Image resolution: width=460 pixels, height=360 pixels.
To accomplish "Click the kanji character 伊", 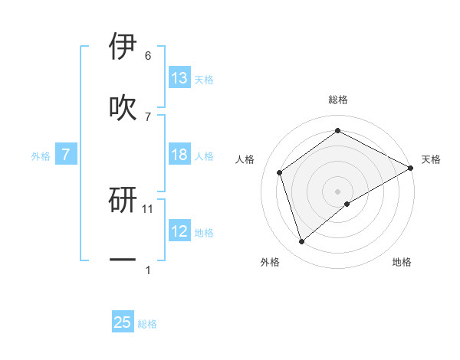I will (x=123, y=47).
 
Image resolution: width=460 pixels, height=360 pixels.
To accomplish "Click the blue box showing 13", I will (x=179, y=78).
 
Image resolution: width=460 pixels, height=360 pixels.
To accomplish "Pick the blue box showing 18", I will (x=179, y=155).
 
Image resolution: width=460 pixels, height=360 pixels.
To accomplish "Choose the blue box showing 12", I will (x=179, y=232).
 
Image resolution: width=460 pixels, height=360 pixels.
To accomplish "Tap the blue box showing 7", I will (x=66, y=155).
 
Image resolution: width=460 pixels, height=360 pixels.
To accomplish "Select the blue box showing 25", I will (x=123, y=322).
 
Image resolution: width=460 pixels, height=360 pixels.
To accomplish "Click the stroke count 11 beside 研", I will (x=149, y=208).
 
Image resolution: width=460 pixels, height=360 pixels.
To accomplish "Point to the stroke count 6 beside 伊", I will (x=148, y=56).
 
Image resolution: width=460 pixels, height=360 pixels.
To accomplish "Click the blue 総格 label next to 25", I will (x=147, y=324).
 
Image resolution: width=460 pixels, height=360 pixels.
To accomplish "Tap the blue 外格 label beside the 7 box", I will (x=41, y=156).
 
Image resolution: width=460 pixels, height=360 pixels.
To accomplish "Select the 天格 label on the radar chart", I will (x=431, y=159).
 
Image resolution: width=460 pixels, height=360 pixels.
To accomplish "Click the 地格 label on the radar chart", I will (x=402, y=262).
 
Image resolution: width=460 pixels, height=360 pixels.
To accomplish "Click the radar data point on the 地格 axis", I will (x=347, y=204).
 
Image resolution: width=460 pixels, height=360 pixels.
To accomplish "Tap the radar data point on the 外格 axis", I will (x=302, y=242).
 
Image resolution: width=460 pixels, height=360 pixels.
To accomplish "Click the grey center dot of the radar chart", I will (x=338, y=191).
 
